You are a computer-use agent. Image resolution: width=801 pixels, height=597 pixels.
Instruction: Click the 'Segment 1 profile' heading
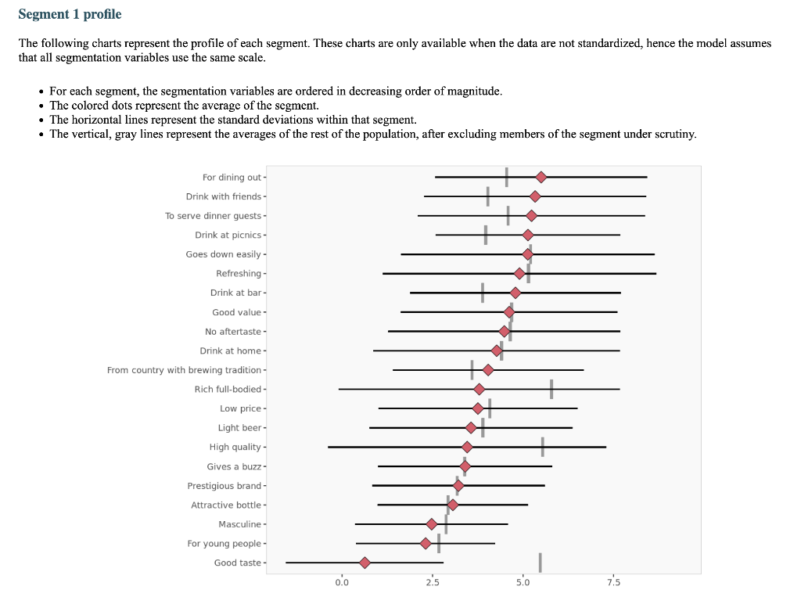70,15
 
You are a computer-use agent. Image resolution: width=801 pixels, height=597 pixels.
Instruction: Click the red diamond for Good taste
365,563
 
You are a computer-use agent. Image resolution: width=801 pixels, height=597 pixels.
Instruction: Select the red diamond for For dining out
541,178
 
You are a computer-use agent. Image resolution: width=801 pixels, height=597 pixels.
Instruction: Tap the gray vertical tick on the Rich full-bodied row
551,389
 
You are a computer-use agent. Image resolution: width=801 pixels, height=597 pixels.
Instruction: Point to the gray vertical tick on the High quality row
542,447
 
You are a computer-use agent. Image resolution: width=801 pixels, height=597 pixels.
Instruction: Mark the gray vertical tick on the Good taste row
540,563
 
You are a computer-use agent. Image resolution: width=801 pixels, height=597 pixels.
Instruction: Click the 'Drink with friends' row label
224,196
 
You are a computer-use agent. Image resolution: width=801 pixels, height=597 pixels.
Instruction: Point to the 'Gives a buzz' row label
234,466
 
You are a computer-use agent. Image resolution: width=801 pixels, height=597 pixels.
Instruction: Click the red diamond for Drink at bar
515,293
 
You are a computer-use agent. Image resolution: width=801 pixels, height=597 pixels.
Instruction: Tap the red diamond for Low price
478,408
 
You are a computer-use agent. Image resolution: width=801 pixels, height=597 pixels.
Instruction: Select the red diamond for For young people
426,543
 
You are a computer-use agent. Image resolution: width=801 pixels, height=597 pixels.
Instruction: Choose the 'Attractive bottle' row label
226,505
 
